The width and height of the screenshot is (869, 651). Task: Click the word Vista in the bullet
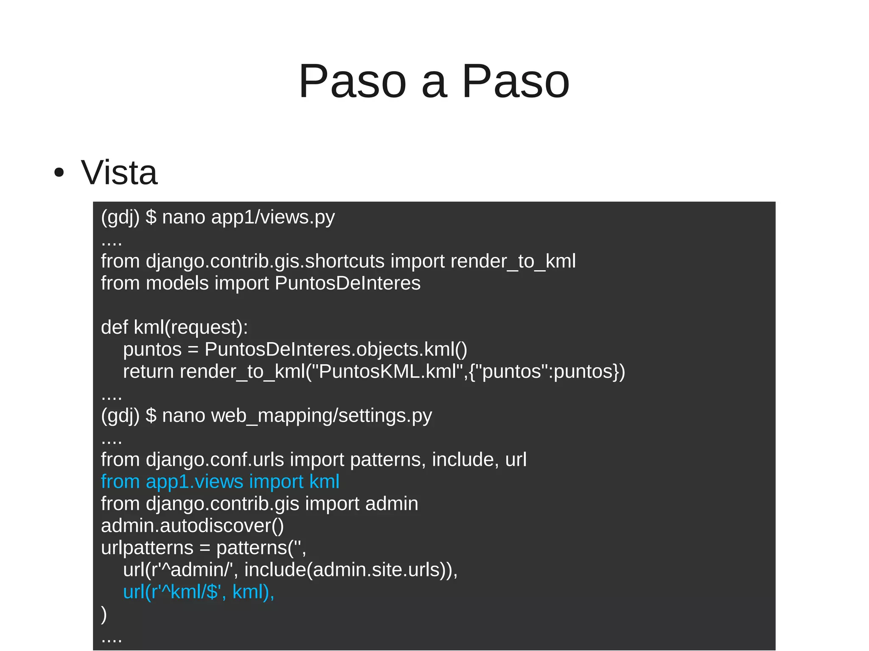[x=119, y=173]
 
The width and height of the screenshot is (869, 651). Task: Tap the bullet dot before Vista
[x=59, y=173]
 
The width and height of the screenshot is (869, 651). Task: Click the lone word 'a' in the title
[x=434, y=81]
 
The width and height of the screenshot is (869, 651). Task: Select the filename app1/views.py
[x=273, y=217]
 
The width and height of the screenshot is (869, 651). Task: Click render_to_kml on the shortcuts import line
[x=513, y=261]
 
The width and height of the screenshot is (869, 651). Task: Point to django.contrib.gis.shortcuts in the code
[x=265, y=261]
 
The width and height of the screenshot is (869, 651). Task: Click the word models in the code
[x=177, y=283]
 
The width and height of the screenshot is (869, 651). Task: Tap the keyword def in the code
[x=114, y=327]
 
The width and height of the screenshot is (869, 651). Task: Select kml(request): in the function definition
[x=191, y=327]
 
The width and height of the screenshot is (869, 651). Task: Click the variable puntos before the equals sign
[x=152, y=349]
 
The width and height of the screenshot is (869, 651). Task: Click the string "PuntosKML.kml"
[x=388, y=372]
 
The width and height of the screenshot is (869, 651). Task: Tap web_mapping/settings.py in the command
[x=321, y=416]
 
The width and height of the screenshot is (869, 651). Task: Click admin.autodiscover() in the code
[x=192, y=526]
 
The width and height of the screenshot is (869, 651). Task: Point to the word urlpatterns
[x=147, y=548]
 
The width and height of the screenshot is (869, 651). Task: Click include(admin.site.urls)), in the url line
[x=351, y=570]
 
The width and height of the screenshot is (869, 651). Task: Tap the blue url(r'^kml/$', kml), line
[x=199, y=592]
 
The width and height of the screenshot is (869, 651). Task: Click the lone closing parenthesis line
[x=104, y=614]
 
